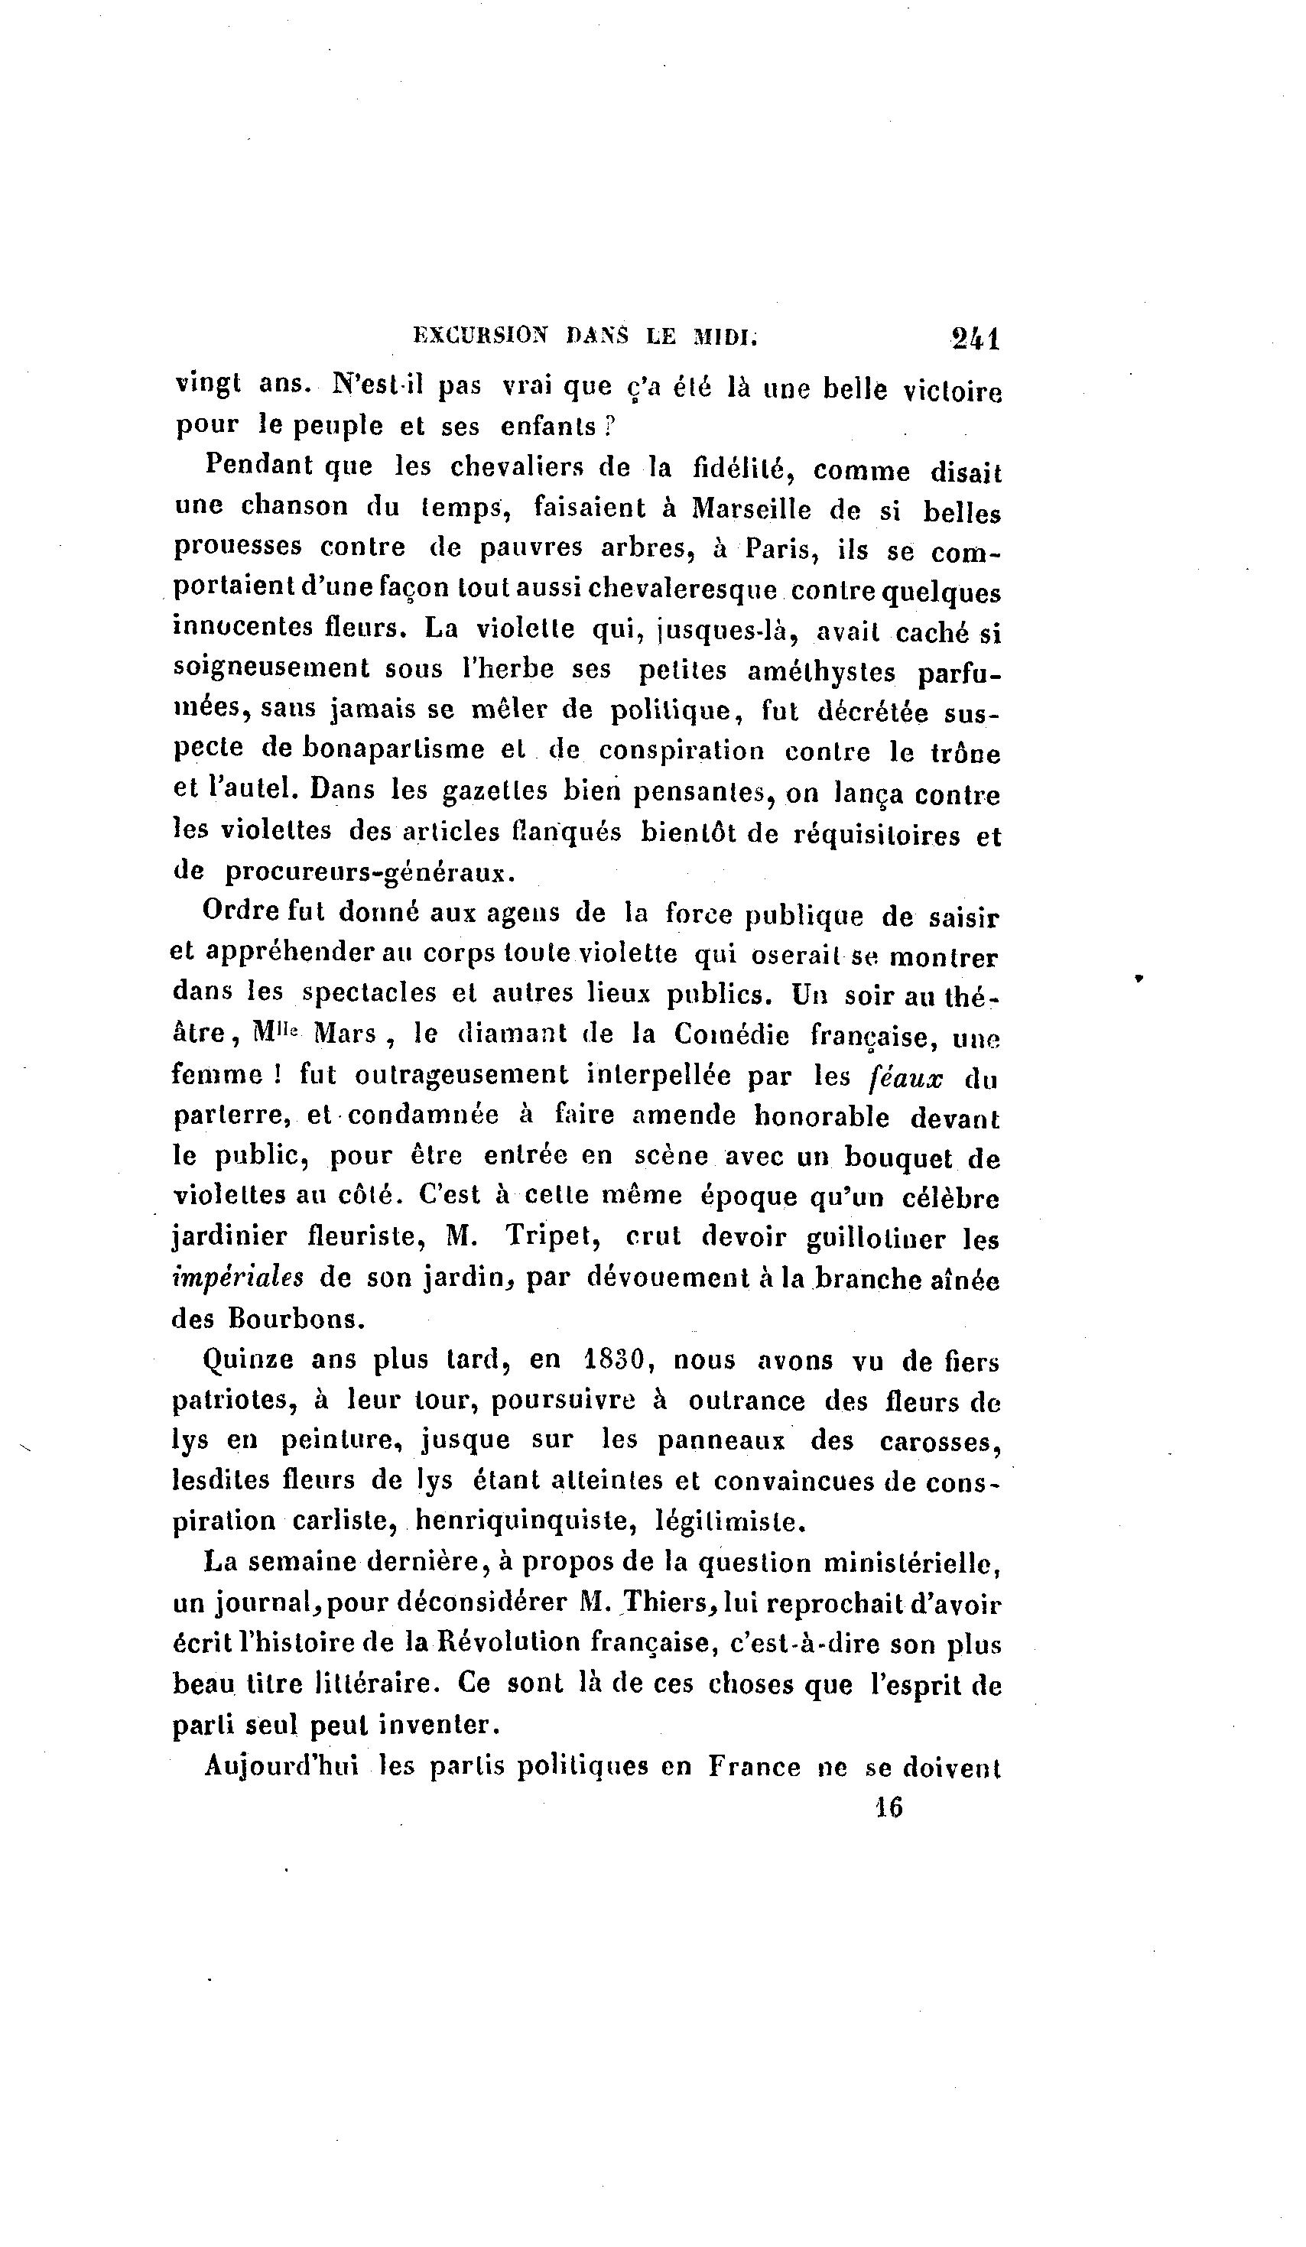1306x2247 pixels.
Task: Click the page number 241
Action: point(975,338)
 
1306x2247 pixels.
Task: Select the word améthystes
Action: point(820,672)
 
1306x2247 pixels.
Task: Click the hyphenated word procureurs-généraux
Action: point(369,871)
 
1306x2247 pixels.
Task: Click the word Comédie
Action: point(732,1034)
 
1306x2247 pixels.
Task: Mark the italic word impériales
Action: point(237,1278)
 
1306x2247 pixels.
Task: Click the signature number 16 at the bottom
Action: point(889,1807)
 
